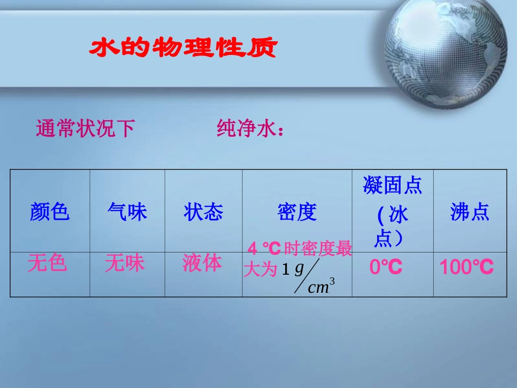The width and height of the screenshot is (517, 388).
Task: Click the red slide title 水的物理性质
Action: pos(183,48)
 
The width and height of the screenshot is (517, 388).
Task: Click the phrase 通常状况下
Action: pos(85,129)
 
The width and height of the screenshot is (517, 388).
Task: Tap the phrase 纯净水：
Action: pos(251,129)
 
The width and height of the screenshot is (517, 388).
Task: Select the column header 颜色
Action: pos(50,212)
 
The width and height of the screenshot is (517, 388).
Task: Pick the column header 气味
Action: pos(127,212)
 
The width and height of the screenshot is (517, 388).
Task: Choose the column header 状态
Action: pos(204,212)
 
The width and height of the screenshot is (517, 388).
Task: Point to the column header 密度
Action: pos(297,212)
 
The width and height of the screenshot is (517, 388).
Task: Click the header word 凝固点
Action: pos(392,186)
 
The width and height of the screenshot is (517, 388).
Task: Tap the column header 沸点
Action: pos(470,212)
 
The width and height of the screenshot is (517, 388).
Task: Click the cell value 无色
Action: pos(47,263)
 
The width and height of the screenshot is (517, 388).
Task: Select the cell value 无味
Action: pos(125,263)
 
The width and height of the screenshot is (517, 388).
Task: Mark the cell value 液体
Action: pos(202,263)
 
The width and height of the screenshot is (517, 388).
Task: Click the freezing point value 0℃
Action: pos(386,267)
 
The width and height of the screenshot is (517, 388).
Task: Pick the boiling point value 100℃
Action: pos(466,267)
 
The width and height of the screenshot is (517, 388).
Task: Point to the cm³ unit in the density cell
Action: pos(321,287)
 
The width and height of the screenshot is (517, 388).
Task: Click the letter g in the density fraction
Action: pos(299,269)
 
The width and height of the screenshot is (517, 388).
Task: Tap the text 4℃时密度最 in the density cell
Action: pos(300,249)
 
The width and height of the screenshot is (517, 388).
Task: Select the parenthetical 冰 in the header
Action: pos(399,215)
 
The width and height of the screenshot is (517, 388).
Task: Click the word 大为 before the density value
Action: pos(261,269)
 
